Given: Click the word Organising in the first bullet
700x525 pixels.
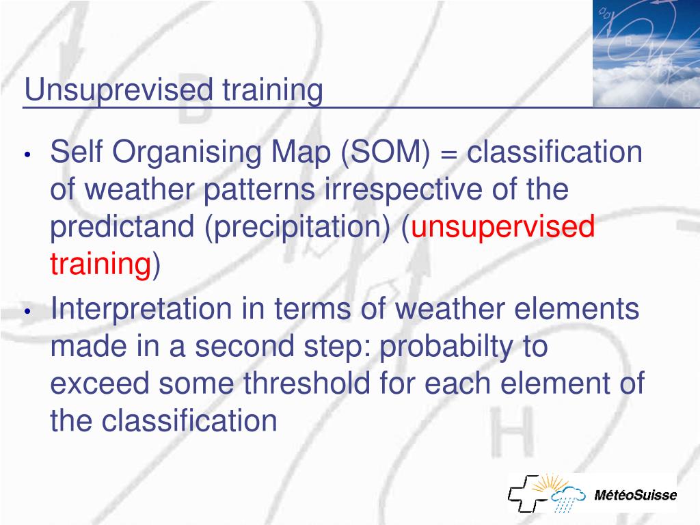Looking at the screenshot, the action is pos(187,153).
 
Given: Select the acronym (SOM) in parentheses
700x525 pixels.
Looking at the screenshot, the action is pos(386,153).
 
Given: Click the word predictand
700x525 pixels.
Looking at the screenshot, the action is pos(122,226).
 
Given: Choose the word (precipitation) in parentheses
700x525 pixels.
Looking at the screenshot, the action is pos(297,227).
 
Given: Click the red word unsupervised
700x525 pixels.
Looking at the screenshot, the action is pos(502,227).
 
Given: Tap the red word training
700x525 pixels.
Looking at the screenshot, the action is pos(101,264).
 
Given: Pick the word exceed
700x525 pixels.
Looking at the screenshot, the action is pos(100,384).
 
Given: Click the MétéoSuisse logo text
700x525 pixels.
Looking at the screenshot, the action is pos(635,495).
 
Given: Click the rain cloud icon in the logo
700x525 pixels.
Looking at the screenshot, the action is pos(567,497).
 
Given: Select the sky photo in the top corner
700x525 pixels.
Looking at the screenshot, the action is pos(647,53).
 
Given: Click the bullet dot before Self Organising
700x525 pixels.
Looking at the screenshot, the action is pos(27,155).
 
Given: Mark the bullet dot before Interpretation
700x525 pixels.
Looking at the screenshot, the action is pos(27,311).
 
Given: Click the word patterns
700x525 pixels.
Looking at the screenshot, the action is pos(259,190).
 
